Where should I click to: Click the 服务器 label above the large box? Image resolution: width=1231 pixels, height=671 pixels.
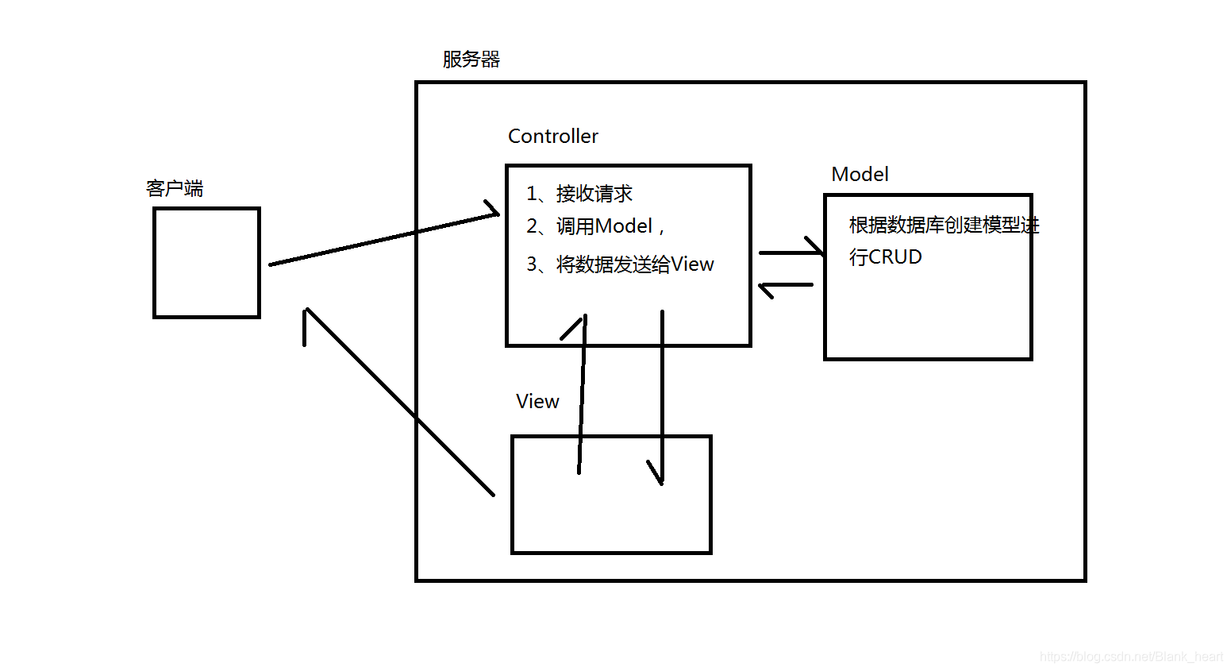click(x=471, y=60)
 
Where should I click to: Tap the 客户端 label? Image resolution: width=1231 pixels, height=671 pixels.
click(x=175, y=189)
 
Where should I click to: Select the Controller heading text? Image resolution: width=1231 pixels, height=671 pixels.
click(x=552, y=137)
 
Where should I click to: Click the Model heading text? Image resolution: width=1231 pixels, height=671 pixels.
click(x=860, y=175)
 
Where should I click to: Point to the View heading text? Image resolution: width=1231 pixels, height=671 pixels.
click(x=537, y=402)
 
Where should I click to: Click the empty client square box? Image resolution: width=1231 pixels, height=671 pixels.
click(x=206, y=263)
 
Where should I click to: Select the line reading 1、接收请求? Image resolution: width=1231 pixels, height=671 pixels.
click(x=579, y=194)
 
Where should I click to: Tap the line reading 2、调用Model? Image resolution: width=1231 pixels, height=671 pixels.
click(x=595, y=227)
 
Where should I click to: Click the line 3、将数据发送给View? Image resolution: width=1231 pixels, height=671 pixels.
click(x=620, y=264)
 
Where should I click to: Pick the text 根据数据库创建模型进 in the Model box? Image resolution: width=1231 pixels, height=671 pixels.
click(x=943, y=226)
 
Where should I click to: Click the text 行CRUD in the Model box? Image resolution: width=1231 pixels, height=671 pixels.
click(x=885, y=257)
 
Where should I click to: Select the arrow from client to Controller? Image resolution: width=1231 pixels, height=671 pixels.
click(x=381, y=240)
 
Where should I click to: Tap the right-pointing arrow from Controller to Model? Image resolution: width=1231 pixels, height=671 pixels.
click(x=790, y=253)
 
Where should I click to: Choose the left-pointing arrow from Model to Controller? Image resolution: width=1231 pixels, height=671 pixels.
click(x=786, y=284)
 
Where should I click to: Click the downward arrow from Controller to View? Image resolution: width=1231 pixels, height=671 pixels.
click(x=662, y=397)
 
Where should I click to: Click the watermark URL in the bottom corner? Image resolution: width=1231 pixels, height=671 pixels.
click(x=1131, y=657)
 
